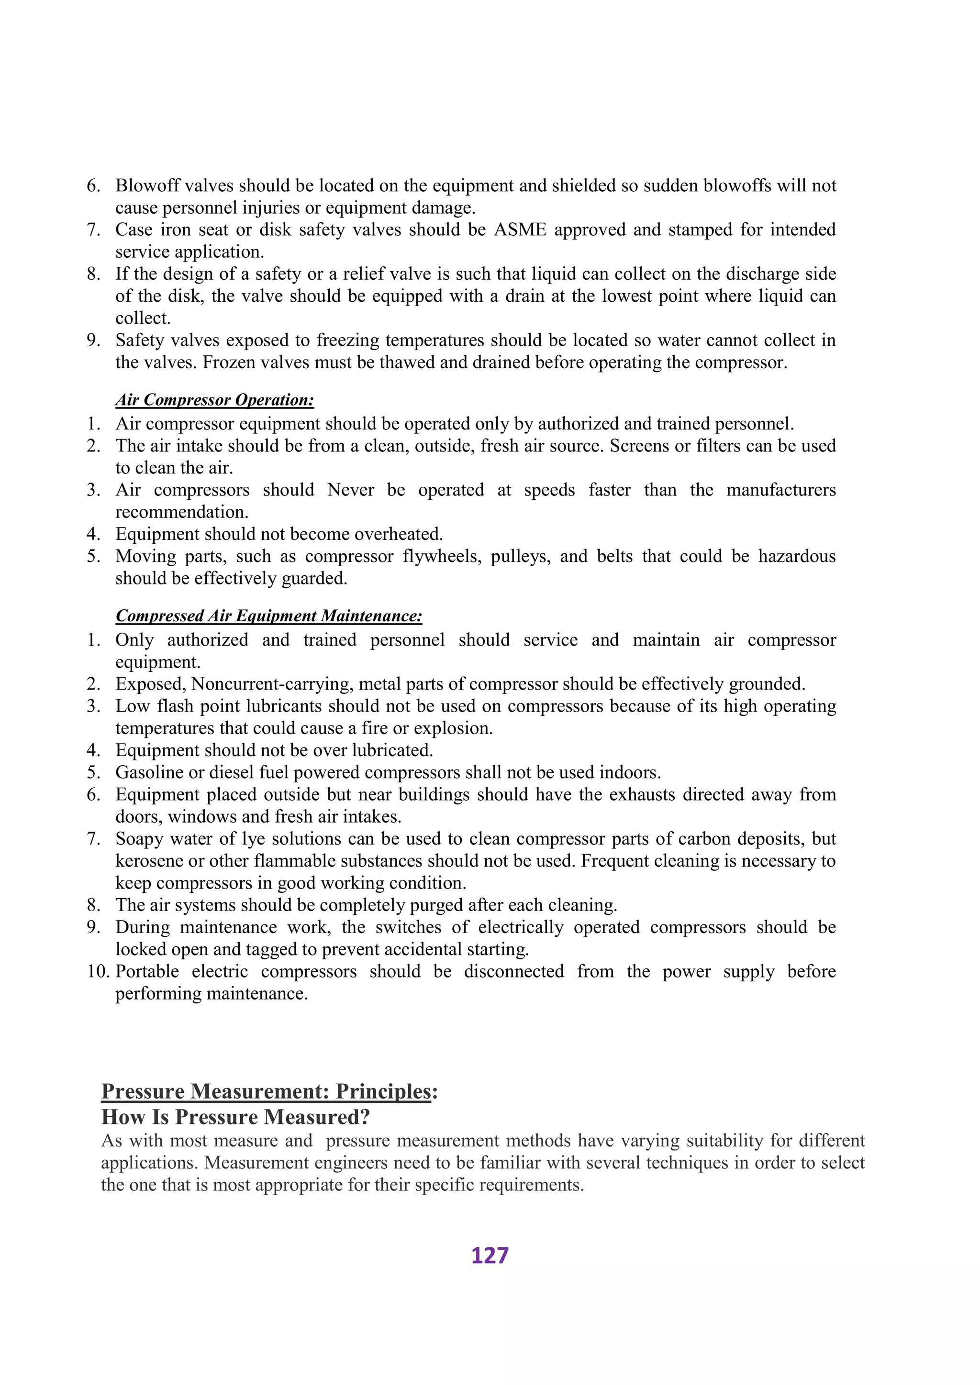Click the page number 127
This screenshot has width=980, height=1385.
pos(490,1255)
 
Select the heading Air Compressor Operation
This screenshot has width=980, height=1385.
pos(214,400)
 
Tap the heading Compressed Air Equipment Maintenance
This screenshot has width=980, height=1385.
pos(268,616)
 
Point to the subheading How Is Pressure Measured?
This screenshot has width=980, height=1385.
pos(235,1117)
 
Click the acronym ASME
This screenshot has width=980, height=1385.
pos(520,230)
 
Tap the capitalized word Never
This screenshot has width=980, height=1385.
pos(351,490)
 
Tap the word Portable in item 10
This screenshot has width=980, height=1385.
pos(147,972)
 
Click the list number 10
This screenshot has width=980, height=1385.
pos(98,972)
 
